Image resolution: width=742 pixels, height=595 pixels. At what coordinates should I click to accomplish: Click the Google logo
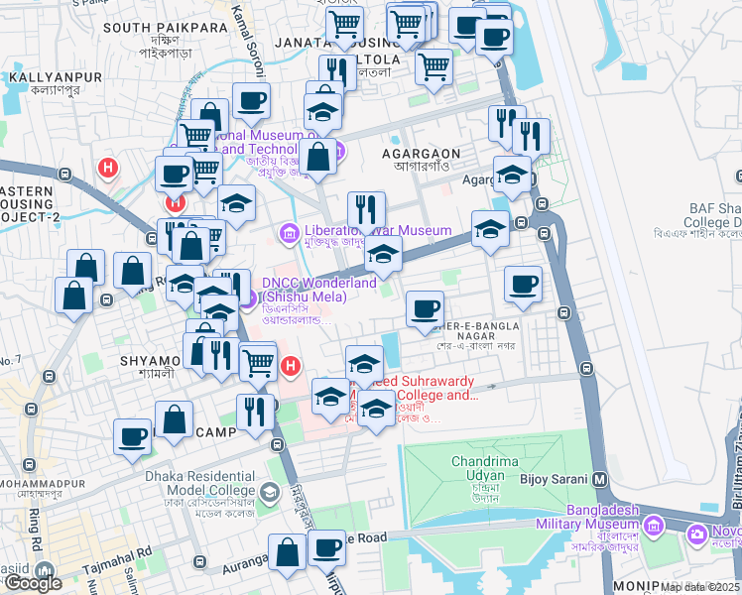[33, 582]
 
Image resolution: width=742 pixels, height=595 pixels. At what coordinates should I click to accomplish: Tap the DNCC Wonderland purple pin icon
[248, 296]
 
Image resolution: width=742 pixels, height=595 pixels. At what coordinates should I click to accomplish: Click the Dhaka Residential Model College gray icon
[269, 492]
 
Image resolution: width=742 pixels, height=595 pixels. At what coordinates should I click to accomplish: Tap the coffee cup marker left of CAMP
[133, 436]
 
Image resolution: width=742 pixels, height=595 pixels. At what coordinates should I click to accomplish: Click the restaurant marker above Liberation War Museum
[366, 210]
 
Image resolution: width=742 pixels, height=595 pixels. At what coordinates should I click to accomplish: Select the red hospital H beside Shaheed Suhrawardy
[290, 367]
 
